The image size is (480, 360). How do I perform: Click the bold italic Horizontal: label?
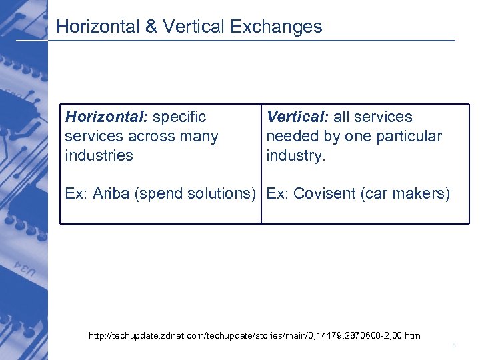pos(107,117)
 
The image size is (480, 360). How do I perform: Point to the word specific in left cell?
pos(179,117)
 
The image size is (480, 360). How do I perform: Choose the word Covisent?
pos(325,194)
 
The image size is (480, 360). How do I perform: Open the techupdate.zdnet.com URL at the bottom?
pos(255,335)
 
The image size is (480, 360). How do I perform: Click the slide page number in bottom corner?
pos(453,346)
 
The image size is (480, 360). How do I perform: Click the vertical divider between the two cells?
pos(261,163)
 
